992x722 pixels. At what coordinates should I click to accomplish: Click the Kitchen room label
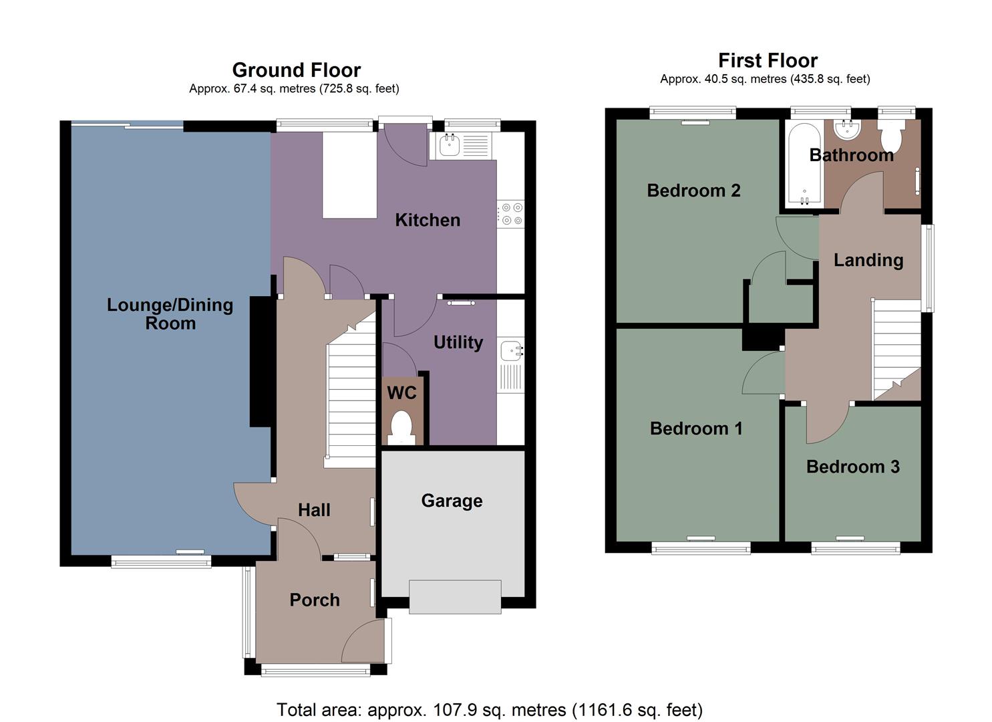coord(428,220)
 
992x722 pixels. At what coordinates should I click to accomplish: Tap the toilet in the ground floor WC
coord(401,428)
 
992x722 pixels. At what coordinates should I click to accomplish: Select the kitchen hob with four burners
coord(512,214)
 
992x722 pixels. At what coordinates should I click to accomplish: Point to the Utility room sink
coord(511,350)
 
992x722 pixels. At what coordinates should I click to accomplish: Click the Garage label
coord(452,501)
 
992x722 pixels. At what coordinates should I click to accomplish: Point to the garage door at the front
coord(455,597)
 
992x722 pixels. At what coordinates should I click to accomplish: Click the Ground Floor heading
coord(296,70)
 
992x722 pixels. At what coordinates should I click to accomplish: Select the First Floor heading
coord(768,60)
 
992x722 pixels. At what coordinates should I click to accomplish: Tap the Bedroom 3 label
coord(852,467)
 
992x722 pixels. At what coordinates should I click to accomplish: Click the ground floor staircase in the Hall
coord(351,401)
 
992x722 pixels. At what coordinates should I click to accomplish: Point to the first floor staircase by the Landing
coord(896,351)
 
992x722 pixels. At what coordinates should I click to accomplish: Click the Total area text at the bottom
coord(489,709)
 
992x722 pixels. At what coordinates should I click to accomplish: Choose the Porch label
coord(314,600)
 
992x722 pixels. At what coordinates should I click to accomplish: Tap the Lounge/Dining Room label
coord(170,314)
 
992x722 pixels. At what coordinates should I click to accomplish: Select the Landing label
coord(868,260)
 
